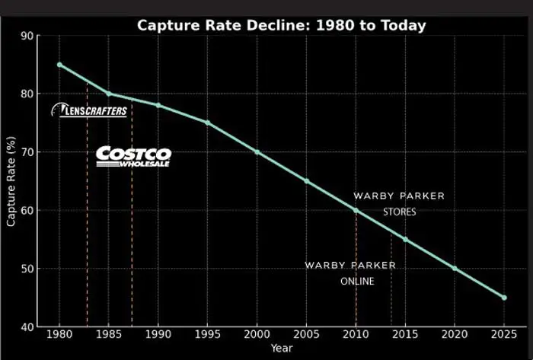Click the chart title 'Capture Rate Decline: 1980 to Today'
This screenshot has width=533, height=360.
point(281,25)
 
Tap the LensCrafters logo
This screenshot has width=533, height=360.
point(89,110)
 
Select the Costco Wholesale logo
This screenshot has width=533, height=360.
point(133,156)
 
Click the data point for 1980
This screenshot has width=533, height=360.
point(59,65)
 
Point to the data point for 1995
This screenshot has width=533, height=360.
point(208,123)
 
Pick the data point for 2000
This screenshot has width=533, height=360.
point(257,151)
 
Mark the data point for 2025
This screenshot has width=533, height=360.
point(504,298)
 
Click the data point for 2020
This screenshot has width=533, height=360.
point(455,268)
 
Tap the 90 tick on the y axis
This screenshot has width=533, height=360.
point(27,36)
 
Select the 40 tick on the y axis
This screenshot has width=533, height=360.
point(27,327)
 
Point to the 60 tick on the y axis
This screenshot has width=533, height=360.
point(27,211)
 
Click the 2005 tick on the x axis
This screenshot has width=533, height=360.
point(307,335)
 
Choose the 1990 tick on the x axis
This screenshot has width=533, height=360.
point(158,335)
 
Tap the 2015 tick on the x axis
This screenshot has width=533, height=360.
point(405,335)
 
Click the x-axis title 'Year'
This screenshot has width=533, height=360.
point(281,349)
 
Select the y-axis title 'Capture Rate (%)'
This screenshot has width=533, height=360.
point(11,181)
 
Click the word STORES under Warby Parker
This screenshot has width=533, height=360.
point(399,212)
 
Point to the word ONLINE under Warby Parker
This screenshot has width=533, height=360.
point(357,281)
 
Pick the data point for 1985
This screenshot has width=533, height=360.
point(109,94)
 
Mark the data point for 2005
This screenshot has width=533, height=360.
point(307,181)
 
